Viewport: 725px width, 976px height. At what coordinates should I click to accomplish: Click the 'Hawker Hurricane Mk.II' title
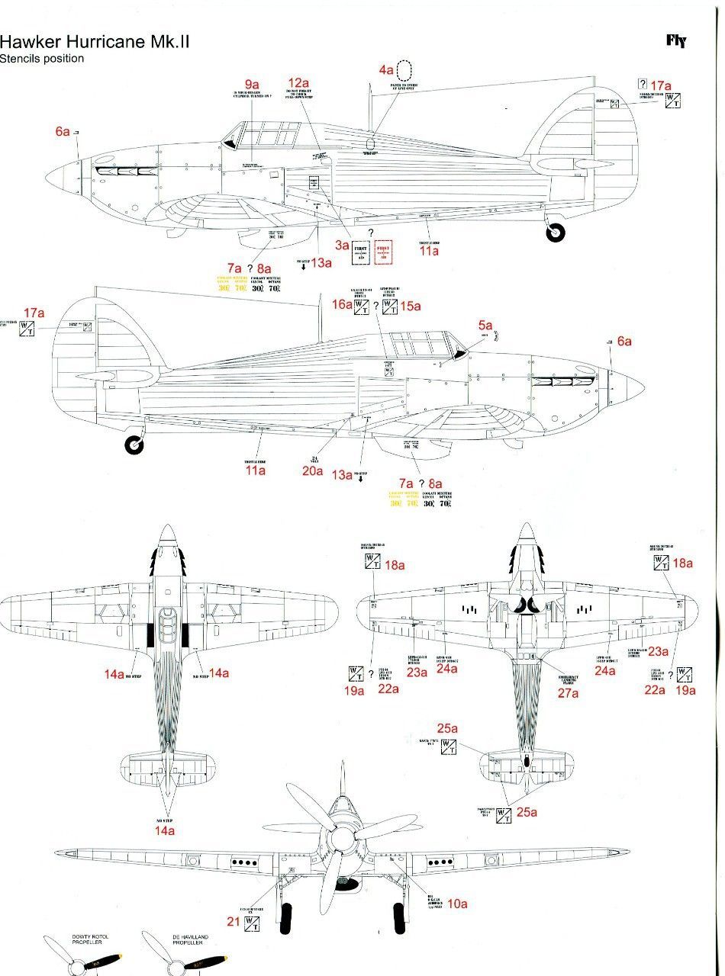95,41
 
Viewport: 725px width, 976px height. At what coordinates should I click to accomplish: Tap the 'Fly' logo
676,41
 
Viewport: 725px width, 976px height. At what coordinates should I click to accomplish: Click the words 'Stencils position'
42,59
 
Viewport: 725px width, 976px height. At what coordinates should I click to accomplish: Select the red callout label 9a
252,84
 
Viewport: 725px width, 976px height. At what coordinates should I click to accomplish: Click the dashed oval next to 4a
405,72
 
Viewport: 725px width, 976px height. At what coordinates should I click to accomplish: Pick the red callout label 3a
342,246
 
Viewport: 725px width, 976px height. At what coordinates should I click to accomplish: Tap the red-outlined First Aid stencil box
383,253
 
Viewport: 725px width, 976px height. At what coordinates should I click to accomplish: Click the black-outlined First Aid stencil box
360,253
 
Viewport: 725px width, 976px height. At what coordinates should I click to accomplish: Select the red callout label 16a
341,305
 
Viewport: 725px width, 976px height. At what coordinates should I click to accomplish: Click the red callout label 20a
312,470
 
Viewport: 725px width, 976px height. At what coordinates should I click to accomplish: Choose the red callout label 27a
569,693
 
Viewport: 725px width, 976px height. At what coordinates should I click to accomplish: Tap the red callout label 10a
457,904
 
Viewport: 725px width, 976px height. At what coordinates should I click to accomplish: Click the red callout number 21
234,921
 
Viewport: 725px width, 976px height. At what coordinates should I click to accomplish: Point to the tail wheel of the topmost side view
556,234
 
